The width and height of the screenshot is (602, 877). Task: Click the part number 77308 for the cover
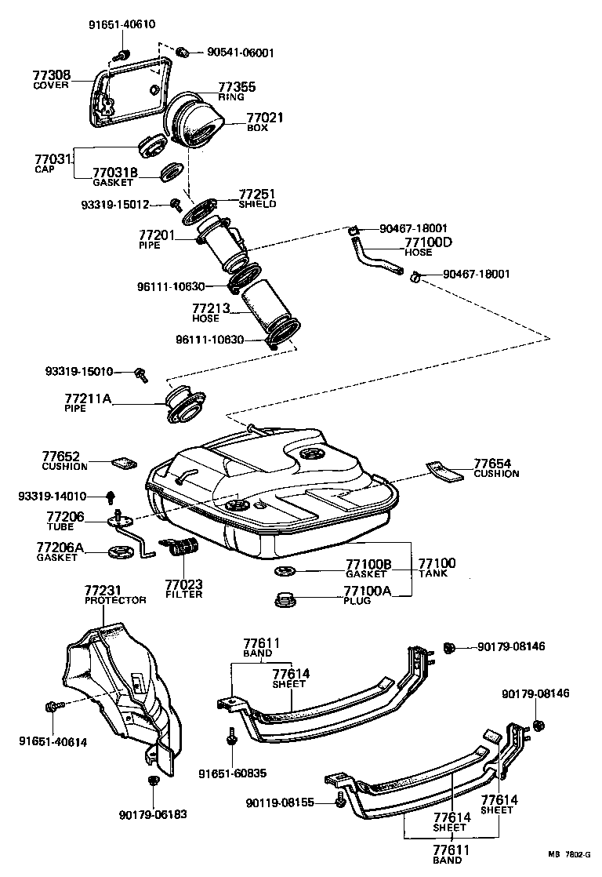point(51,75)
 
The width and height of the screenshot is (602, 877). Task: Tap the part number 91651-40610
point(121,24)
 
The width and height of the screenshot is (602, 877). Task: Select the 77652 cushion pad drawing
point(122,462)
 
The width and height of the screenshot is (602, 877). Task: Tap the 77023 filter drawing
point(182,546)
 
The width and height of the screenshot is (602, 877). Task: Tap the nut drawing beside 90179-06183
point(154,781)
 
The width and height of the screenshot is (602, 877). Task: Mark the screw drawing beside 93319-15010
point(142,373)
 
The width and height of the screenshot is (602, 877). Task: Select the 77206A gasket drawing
point(121,553)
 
